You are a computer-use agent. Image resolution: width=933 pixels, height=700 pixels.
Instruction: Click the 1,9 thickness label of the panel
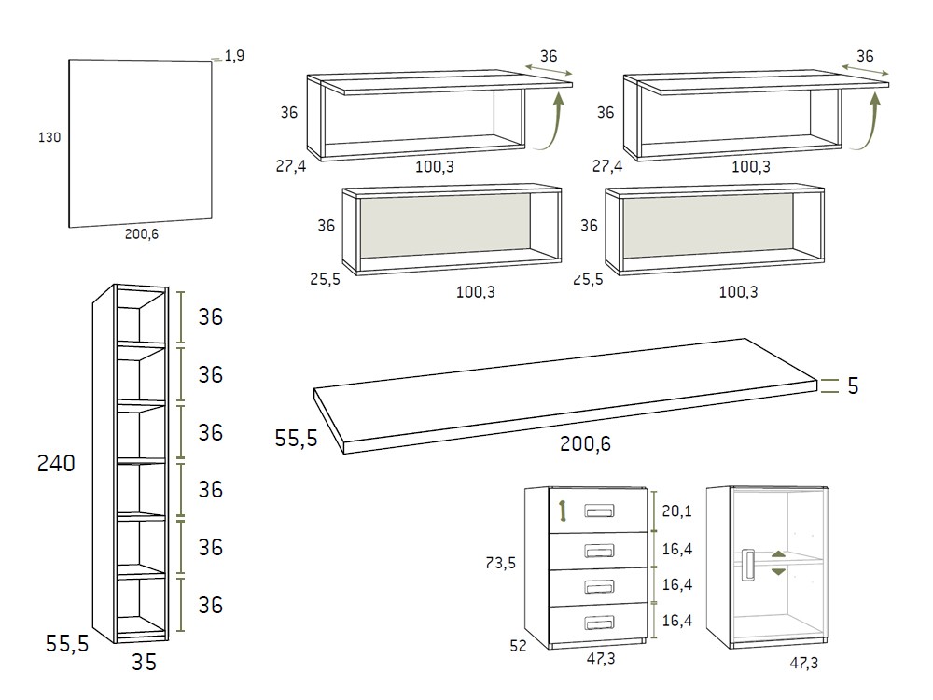point(234,56)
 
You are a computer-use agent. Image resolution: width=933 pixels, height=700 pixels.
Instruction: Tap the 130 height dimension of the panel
point(49,137)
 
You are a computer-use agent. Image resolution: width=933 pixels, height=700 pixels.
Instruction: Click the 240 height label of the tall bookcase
point(56,463)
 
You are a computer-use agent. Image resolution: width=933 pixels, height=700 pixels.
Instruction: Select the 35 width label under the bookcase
point(144,664)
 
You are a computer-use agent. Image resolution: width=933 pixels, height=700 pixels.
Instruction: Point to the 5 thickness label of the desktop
point(853,386)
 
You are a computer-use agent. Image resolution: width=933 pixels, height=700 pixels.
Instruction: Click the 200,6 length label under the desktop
point(585,444)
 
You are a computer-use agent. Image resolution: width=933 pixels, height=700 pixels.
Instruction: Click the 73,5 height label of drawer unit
point(502,563)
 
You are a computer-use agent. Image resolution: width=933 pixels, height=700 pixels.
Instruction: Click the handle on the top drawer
point(598,511)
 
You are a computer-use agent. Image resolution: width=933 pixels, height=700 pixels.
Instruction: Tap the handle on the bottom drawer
point(598,622)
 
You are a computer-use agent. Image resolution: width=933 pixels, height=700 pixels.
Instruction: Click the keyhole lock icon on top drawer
point(563,511)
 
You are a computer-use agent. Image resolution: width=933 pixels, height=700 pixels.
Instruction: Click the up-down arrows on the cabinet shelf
point(779,564)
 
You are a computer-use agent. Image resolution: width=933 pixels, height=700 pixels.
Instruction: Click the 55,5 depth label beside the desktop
point(297,438)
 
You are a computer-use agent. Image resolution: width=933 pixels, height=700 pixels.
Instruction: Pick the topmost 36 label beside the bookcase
point(211,316)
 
